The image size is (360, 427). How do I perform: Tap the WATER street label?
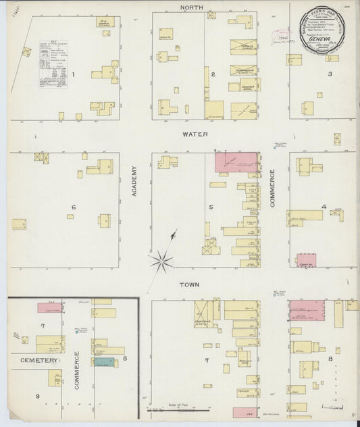pos(195,134)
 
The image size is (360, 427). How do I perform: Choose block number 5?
pos(212,207)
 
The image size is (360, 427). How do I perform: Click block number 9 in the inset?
pos(38,396)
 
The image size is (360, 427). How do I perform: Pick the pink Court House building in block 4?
pos(306,260)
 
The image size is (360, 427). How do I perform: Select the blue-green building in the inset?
pos(103,362)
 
